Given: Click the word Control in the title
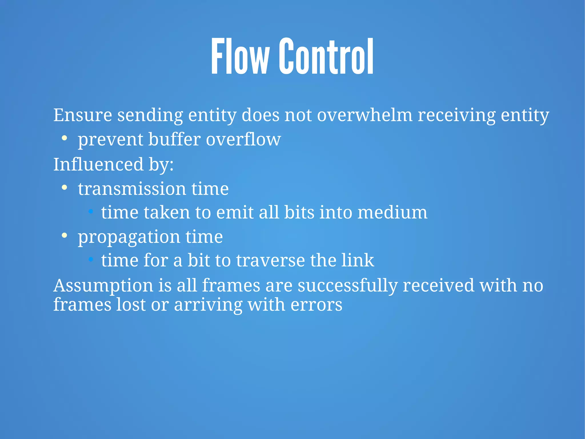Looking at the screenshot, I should [326, 56].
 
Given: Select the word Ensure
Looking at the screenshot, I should [83, 115].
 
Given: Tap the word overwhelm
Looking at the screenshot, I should [364, 115].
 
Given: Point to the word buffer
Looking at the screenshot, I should [174, 140].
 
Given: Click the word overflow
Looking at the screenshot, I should [243, 140].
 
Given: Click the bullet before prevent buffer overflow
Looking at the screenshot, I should [65, 138].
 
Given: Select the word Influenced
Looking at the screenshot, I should [98, 164].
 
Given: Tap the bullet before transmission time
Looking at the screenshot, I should [65, 188].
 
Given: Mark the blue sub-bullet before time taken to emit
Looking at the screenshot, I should [91, 212].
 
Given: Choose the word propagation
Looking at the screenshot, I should [129, 237].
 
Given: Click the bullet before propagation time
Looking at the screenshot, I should [65, 236].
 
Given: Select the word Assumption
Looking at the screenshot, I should [103, 286].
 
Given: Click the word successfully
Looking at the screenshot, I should [348, 286].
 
